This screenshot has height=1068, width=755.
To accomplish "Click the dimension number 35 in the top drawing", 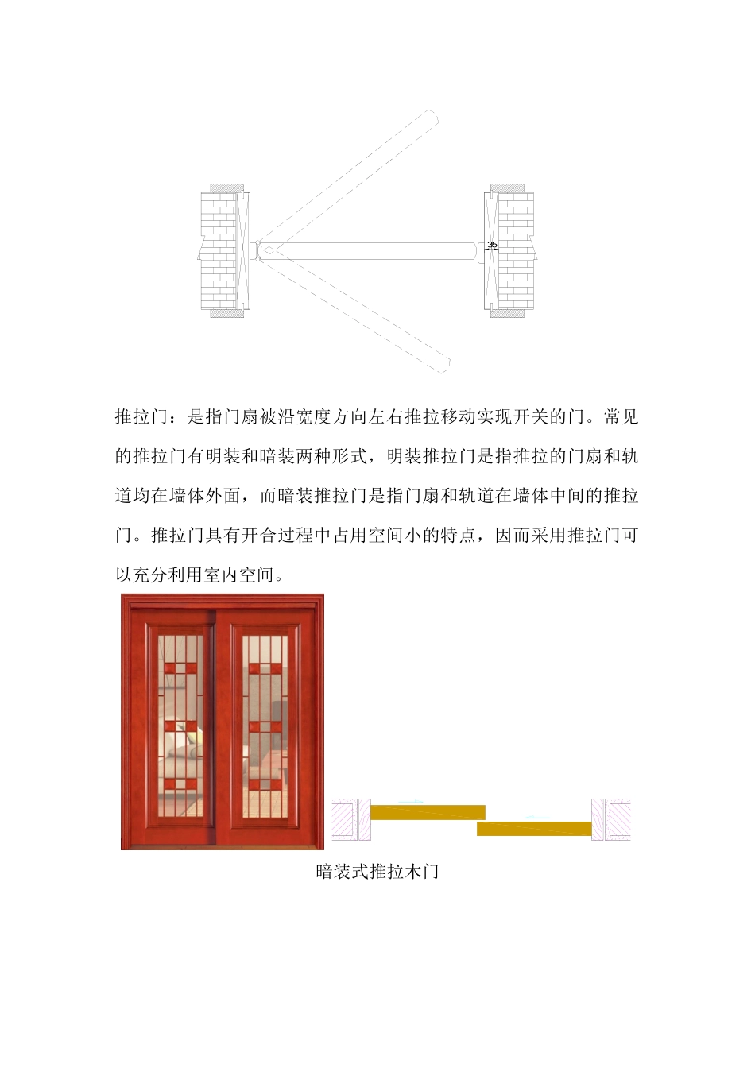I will coord(492,245).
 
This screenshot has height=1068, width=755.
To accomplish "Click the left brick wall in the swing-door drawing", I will coord(218,250).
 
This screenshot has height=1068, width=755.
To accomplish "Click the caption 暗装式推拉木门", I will coord(377,872).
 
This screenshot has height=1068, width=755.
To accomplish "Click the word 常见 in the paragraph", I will coord(621,417).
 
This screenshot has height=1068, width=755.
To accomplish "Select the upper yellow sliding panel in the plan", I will coord(428,812).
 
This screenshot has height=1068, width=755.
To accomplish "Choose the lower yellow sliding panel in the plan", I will coord(534,829).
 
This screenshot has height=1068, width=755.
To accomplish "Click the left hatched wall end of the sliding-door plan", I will coord(350,819).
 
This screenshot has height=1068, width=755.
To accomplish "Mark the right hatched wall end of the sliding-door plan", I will coord(611,819).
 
